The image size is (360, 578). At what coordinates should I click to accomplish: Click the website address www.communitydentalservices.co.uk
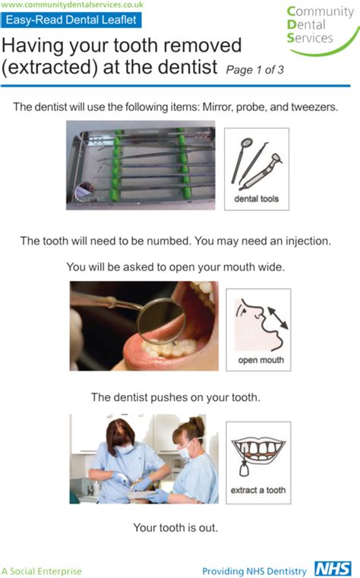click(73, 5)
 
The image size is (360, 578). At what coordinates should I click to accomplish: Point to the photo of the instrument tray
click(141, 168)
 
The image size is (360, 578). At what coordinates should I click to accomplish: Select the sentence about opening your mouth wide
click(179, 267)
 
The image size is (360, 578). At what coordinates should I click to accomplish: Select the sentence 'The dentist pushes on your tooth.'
click(179, 397)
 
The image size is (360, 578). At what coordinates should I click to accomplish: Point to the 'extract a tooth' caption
click(257, 490)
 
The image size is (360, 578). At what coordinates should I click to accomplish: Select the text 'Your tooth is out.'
click(179, 527)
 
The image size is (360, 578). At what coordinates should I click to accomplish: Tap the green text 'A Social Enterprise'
click(42, 570)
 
